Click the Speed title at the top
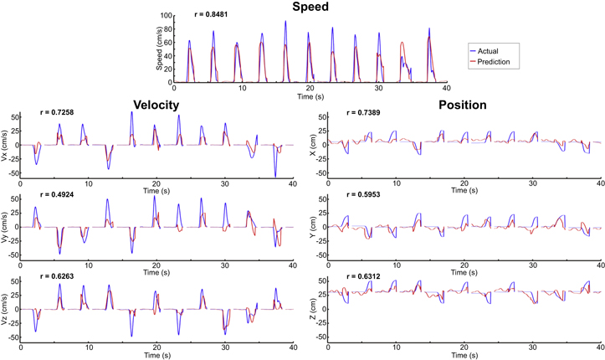[310, 8]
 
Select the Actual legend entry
[491, 51]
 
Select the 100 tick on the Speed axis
[167, 15]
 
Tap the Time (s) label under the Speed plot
[310, 96]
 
